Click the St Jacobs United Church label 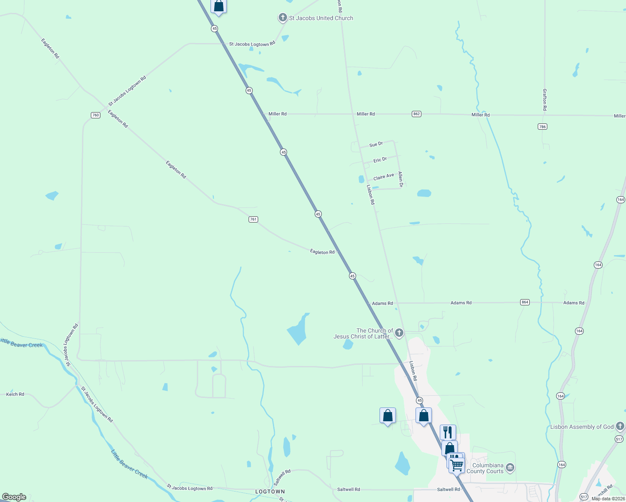coord(321,18)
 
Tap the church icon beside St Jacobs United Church coord(283,18)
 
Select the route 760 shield coord(95,115)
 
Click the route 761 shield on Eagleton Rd coord(253,219)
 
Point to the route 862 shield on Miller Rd coord(416,114)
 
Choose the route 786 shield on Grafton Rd coord(542,126)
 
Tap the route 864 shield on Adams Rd coord(525,302)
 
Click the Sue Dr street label coord(376,144)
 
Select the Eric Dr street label coord(380,160)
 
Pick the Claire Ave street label coord(384,177)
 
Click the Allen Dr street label coord(400,179)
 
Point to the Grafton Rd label coord(544,100)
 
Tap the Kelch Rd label coord(15,394)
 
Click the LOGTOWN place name coord(270,492)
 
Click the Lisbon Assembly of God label coord(582,427)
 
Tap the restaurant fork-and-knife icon coord(448,431)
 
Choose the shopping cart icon coord(457,464)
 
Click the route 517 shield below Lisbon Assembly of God coord(619,439)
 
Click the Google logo coord(14,497)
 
